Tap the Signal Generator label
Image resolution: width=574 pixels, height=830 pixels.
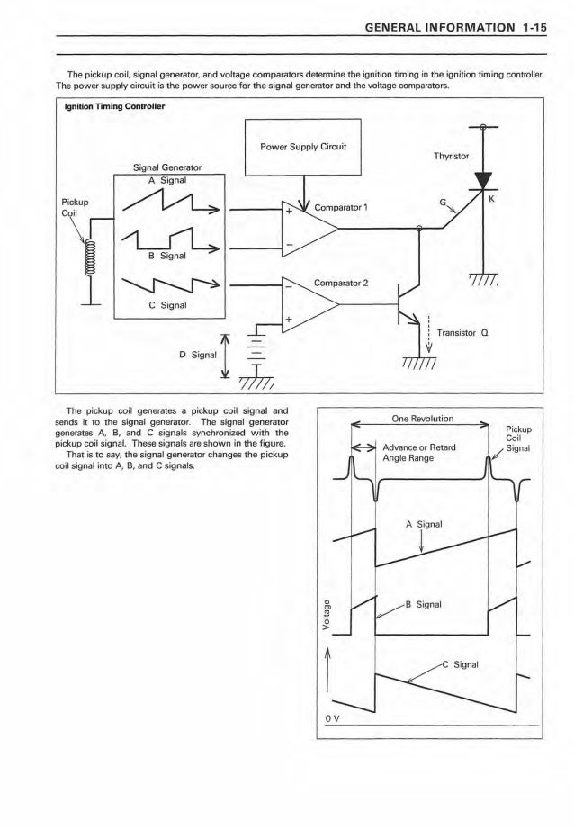click(166, 167)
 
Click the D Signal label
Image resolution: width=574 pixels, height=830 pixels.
click(198, 354)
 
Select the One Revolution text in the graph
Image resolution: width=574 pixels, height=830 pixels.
click(420, 418)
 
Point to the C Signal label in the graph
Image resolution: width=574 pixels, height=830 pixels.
click(465, 666)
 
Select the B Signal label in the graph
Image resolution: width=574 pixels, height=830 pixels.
click(426, 605)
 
